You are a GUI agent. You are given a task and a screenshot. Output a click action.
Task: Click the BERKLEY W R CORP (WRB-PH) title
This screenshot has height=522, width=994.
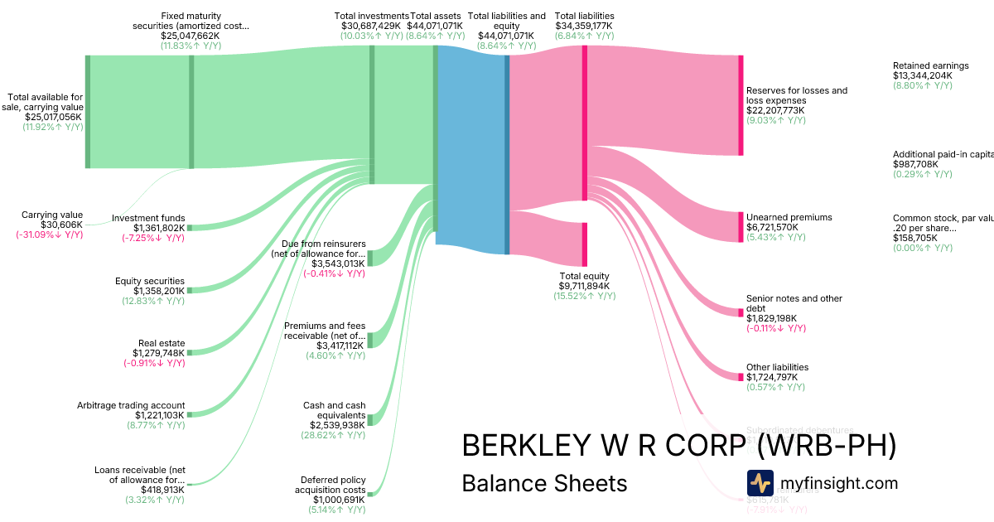click(678, 445)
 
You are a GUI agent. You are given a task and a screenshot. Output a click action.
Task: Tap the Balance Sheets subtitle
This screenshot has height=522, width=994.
click(544, 483)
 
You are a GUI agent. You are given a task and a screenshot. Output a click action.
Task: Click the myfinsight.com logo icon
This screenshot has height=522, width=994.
click(760, 483)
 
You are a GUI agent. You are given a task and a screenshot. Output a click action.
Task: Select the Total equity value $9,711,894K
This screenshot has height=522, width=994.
click(584, 286)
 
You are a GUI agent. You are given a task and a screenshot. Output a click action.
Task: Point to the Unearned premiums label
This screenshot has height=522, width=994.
click(789, 217)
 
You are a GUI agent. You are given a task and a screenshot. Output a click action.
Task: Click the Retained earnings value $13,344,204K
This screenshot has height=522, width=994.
click(922, 75)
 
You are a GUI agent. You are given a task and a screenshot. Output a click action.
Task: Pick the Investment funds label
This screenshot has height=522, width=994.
click(148, 218)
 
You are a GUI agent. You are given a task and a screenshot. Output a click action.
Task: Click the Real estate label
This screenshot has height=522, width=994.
click(162, 343)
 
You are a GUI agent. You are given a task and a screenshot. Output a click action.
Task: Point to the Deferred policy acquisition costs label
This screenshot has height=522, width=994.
click(333, 484)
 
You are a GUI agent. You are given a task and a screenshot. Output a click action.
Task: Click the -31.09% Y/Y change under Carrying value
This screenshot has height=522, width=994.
click(49, 234)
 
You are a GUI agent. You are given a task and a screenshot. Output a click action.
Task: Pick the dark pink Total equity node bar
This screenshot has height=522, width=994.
click(584, 244)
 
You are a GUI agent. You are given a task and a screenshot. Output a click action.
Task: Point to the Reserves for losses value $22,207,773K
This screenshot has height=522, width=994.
click(775, 110)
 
